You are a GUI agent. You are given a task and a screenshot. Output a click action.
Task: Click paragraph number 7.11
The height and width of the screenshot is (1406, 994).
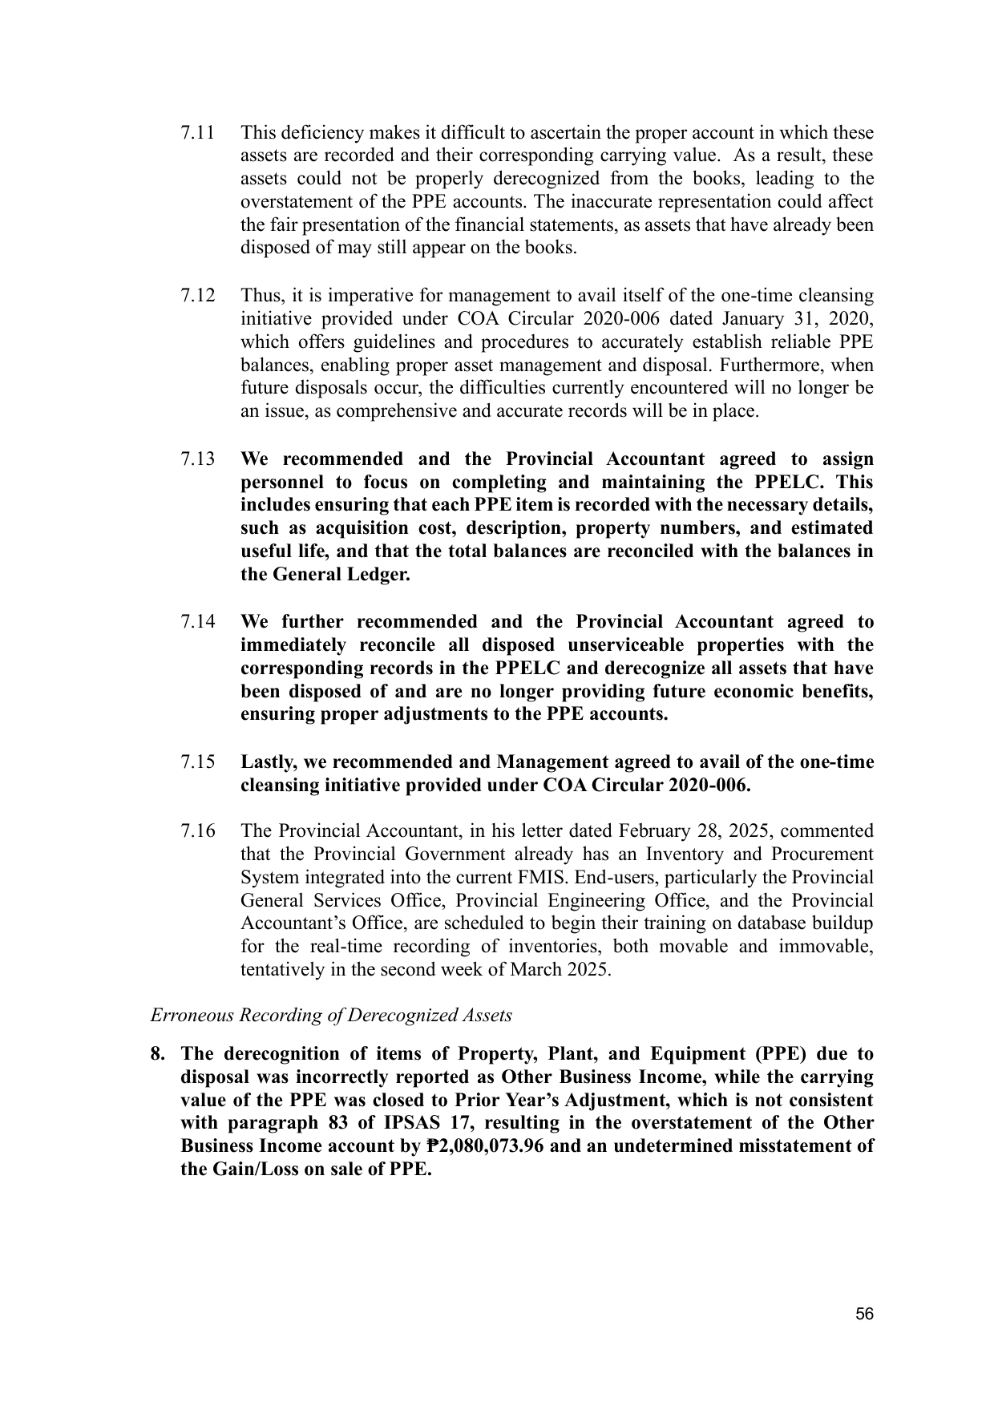197,132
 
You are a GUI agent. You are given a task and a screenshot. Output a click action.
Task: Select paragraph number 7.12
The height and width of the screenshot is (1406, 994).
197,296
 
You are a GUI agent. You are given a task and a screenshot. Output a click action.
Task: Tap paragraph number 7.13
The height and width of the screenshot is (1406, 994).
197,459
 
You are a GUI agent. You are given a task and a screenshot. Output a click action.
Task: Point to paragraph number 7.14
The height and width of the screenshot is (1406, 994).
197,622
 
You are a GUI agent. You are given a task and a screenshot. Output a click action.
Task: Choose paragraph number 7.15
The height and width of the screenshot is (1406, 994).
197,762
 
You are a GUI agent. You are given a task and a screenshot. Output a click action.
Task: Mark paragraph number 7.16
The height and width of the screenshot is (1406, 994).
197,831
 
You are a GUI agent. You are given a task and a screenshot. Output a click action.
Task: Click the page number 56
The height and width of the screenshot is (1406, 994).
864,1315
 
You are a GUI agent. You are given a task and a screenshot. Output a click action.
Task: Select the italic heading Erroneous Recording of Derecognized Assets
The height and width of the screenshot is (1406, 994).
331,1016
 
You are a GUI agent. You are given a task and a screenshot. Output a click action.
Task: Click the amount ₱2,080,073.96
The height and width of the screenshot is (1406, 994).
485,1146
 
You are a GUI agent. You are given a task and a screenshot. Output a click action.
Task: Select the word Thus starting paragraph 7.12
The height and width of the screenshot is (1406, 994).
260,296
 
